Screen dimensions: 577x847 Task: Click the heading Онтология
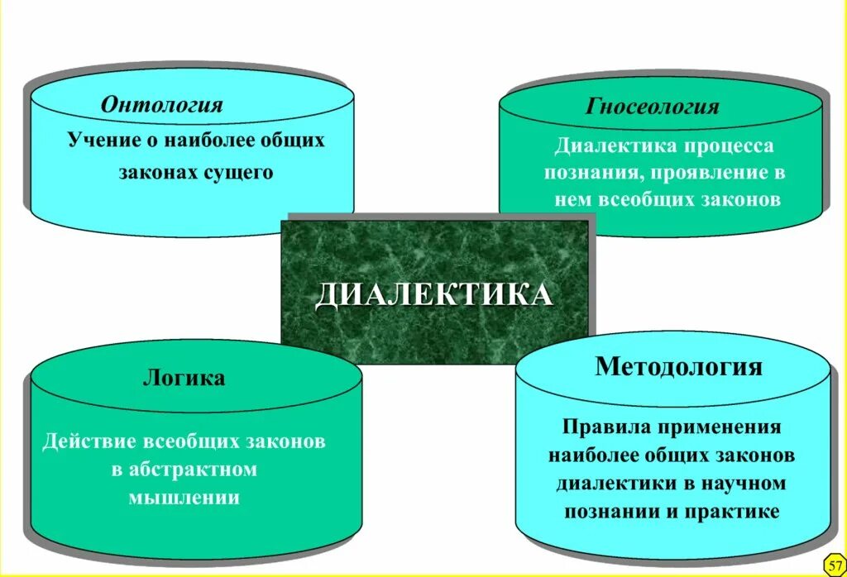tap(162, 105)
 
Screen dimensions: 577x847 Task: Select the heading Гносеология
tap(653, 107)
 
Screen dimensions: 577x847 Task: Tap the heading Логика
tap(184, 379)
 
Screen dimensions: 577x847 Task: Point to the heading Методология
tap(678, 366)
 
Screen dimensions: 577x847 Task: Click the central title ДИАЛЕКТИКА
tap(433, 294)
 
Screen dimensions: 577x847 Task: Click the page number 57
tap(834, 564)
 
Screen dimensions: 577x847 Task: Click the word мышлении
tap(184, 498)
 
